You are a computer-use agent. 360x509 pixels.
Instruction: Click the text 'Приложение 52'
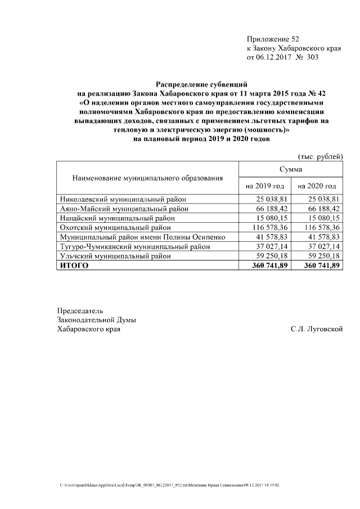(273, 39)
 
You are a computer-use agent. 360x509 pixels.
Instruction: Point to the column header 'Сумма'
(291, 169)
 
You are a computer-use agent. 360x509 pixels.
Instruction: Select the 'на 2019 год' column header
(264, 186)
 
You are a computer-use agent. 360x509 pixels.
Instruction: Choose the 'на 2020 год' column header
(317, 186)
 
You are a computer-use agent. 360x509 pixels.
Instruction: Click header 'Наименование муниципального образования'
(147, 178)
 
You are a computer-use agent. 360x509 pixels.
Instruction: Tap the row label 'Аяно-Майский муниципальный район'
(124, 209)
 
